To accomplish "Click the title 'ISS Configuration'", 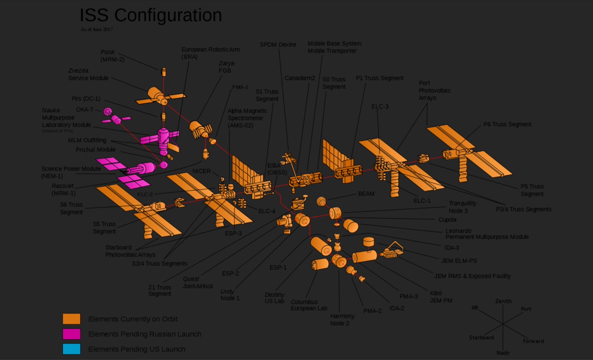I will [x=151, y=15].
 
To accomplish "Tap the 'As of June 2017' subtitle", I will [x=96, y=30].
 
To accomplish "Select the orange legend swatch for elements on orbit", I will [x=71, y=319].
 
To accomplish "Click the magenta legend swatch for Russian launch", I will [x=71, y=334].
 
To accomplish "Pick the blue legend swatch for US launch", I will [x=71, y=349].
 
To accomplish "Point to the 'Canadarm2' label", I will [x=300, y=78].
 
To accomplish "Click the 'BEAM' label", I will [x=366, y=194].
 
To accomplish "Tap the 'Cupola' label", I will [x=447, y=220].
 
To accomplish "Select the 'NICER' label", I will [x=202, y=171].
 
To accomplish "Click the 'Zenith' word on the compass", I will [x=503, y=301].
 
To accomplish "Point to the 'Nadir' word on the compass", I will [x=503, y=353].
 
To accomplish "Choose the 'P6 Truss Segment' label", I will [x=507, y=124].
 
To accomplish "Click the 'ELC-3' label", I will [x=380, y=107].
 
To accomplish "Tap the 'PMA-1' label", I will [x=240, y=87].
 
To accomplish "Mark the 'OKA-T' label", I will [x=85, y=109].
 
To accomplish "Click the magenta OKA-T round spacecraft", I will [x=108, y=112].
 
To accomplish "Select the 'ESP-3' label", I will [x=233, y=234].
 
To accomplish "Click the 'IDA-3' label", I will [x=452, y=248].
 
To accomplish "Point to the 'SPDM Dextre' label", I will [x=278, y=44].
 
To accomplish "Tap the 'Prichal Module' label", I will [x=96, y=150].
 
